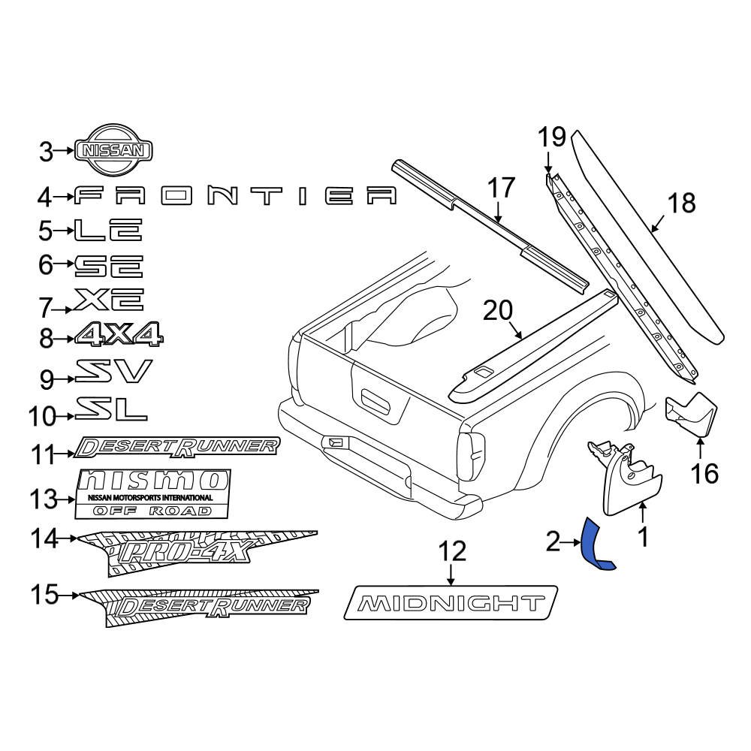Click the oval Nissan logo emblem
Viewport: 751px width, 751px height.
[113, 150]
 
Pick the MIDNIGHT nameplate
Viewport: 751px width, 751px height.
[451, 602]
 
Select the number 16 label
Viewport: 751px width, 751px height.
[705, 473]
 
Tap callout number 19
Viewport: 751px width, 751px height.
[551, 137]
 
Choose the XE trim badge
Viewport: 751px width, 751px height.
[108, 301]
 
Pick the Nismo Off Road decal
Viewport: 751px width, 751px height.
[153, 493]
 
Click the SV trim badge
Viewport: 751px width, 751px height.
[113, 371]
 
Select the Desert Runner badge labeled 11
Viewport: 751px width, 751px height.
[177, 448]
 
